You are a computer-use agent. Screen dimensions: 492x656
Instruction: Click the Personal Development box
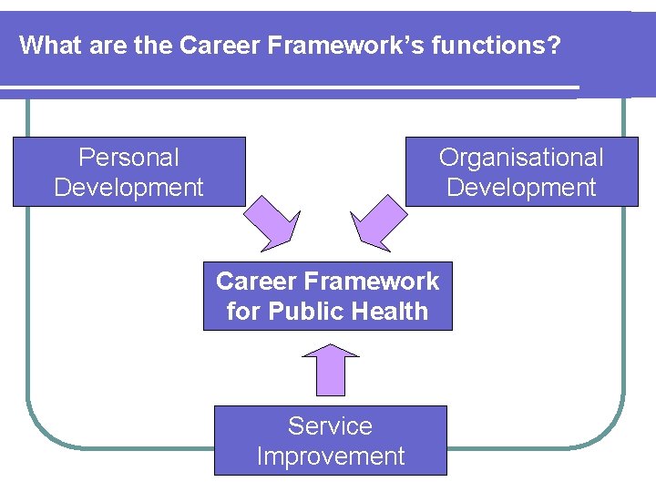pyautogui.click(x=128, y=172)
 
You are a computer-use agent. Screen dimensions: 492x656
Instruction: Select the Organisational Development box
pyautogui.click(x=521, y=172)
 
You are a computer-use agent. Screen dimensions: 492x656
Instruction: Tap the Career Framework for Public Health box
pyautogui.click(x=327, y=296)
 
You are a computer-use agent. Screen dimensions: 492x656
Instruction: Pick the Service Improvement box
pyautogui.click(x=330, y=441)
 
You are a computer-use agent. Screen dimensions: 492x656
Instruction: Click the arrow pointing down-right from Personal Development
pyautogui.click(x=272, y=222)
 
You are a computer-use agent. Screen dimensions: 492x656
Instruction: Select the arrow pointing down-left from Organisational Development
pyautogui.click(x=378, y=222)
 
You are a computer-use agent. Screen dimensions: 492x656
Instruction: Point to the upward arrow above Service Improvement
pyautogui.click(x=329, y=369)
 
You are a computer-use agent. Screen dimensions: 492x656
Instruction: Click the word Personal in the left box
pyautogui.click(x=128, y=158)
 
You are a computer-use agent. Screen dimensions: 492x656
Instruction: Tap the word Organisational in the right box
pyautogui.click(x=521, y=158)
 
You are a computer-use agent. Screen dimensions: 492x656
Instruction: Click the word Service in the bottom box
pyautogui.click(x=330, y=425)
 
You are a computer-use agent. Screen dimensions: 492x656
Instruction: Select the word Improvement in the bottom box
pyautogui.click(x=330, y=456)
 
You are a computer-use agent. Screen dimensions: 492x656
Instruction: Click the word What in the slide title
pyautogui.click(x=43, y=45)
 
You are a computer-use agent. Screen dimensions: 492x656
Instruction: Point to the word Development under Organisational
pyautogui.click(x=521, y=188)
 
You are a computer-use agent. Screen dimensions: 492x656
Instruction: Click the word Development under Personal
pyautogui.click(x=128, y=188)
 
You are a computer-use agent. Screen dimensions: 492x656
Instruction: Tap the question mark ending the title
pyautogui.click(x=554, y=45)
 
